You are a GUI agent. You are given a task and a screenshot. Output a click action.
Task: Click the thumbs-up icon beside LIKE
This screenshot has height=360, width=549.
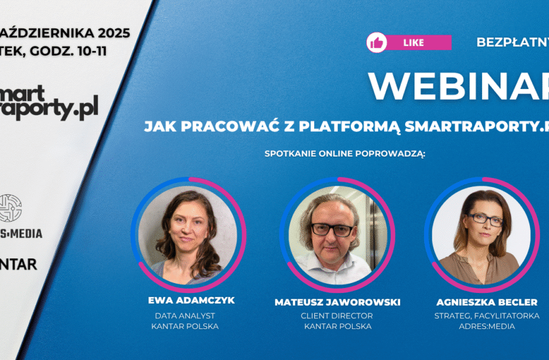[x=377, y=42]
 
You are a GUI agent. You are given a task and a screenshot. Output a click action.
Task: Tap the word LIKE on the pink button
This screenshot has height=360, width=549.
[x=414, y=42]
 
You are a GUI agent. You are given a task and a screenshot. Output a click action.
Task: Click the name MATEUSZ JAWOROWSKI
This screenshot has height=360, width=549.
[x=338, y=302]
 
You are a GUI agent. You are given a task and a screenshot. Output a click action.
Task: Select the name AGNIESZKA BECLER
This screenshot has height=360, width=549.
[x=487, y=302]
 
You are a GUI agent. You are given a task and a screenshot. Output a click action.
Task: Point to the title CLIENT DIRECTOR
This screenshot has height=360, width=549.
[x=338, y=315]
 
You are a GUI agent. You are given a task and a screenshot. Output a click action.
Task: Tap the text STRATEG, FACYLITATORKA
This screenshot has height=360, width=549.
[x=487, y=315]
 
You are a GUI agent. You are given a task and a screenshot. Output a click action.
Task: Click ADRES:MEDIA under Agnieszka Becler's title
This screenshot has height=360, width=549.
[x=487, y=327]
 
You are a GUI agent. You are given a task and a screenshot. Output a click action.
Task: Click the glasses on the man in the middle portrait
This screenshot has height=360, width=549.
[x=333, y=230]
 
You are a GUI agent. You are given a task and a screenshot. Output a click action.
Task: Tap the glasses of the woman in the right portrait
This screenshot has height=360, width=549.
[x=484, y=219]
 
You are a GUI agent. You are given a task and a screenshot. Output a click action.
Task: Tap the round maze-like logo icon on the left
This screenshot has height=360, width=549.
[x=9, y=208]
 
